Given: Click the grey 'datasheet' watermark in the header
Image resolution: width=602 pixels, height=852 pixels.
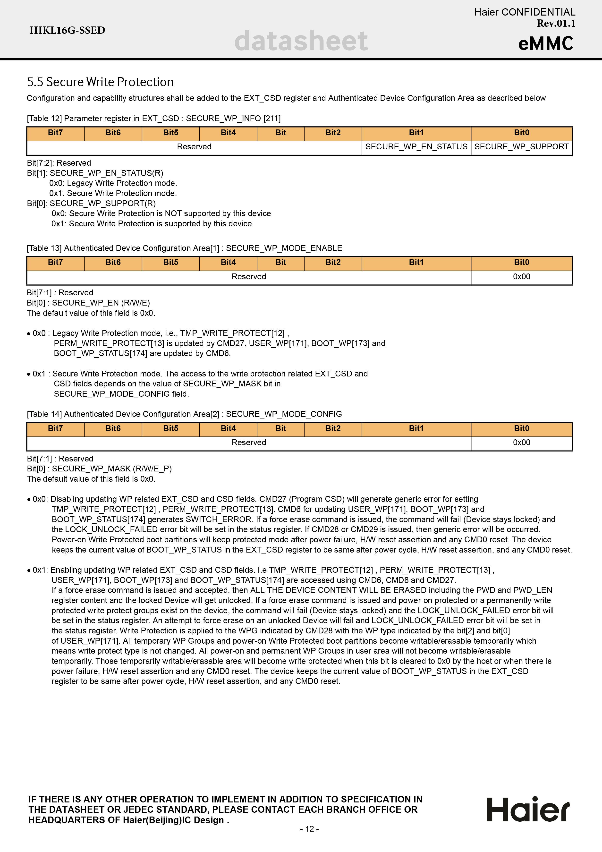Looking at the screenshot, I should pyautogui.click(x=301, y=41).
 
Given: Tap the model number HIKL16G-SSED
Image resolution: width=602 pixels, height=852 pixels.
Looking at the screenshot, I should pyautogui.click(x=67, y=30).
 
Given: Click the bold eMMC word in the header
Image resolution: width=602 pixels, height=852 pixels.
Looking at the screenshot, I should pyautogui.click(x=546, y=43).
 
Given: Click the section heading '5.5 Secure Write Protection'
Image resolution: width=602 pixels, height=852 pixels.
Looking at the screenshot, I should pyautogui.click(x=100, y=82).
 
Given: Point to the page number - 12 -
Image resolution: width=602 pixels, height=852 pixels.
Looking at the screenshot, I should pyautogui.click(x=309, y=829).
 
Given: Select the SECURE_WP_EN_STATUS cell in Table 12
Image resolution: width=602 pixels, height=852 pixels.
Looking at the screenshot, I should pyautogui.click(x=416, y=147).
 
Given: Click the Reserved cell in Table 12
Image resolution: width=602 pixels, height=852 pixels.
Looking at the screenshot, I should pyautogui.click(x=194, y=147).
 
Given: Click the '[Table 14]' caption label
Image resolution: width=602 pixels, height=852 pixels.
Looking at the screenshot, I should pyautogui.click(x=44, y=414).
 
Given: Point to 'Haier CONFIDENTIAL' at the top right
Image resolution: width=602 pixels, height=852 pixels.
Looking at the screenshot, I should pyautogui.click(x=525, y=12).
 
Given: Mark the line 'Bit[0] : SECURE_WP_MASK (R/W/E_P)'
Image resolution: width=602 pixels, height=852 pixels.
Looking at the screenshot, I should pyautogui.click(x=99, y=469).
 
